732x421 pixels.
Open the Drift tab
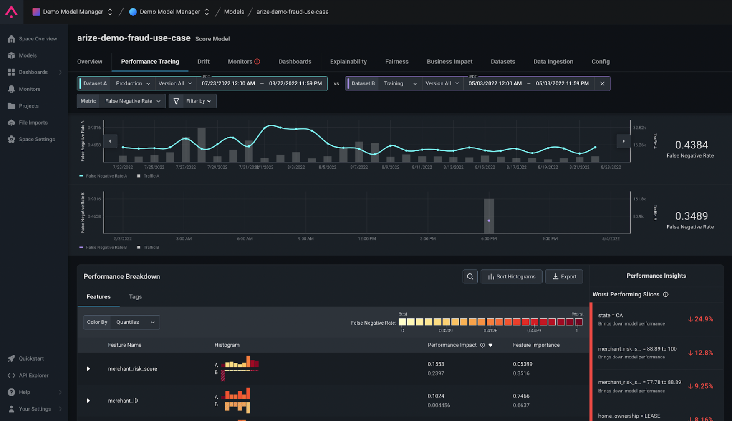(203, 62)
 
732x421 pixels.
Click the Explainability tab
(348, 62)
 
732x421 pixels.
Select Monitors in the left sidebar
(29, 89)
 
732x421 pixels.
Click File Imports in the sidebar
(33, 123)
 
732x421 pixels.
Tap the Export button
(564, 277)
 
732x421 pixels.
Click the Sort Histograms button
(511, 277)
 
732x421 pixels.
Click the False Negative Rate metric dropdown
(132, 101)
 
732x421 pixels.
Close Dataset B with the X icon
(602, 84)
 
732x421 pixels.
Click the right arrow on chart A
(623, 141)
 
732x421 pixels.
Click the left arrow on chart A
(110, 141)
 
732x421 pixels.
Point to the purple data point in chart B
(489, 221)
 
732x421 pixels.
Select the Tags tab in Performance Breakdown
(135, 297)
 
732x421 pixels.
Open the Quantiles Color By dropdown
(135, 322)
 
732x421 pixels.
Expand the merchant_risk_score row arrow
(88, 369)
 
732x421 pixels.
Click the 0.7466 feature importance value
(521, 396)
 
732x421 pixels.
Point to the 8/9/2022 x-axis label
(390, 168)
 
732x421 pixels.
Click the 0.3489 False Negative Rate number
(691, 216)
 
